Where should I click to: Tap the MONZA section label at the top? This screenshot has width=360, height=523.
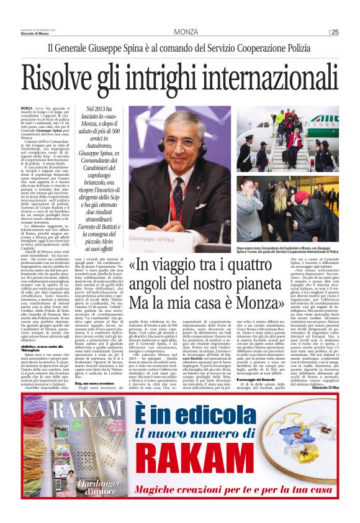click(x=186, y=32)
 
